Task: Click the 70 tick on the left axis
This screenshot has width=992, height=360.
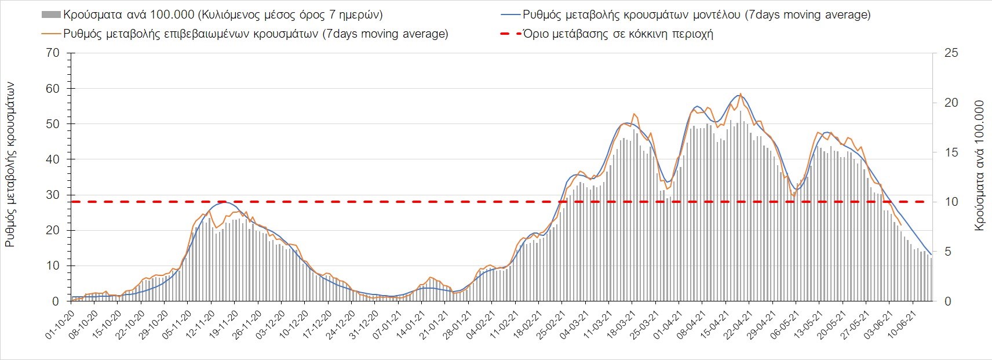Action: click(53, 53)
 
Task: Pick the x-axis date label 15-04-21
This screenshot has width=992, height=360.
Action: click(715, 323)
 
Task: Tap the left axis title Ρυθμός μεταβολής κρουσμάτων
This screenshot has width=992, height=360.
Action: click(10, 165)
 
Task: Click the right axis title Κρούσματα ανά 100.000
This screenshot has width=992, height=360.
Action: click(980, 166)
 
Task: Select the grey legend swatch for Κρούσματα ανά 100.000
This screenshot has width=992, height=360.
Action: click(50, 14)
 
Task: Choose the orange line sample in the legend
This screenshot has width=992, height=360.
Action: click(50, 34)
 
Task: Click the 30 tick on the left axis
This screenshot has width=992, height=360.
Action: click(53, 195)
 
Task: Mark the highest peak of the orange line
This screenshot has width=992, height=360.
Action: click(740, 93)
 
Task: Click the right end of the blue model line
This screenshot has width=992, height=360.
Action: click(931, 254)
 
